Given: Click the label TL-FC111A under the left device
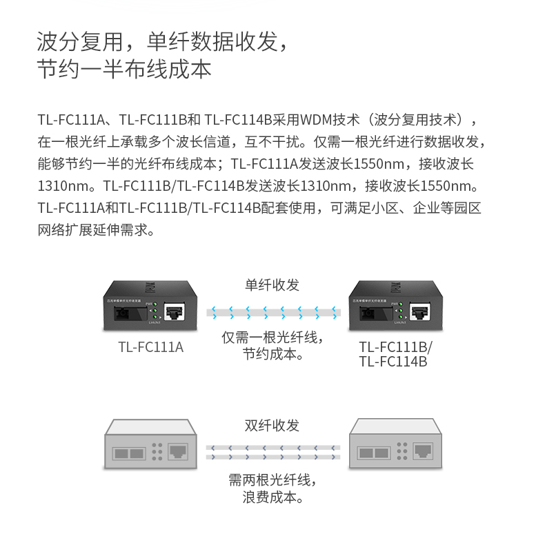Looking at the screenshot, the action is (151, 348).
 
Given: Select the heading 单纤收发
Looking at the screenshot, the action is (272, 285).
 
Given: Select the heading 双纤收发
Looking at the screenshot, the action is (272, 426).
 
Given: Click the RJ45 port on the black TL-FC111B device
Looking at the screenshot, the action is (419, 311).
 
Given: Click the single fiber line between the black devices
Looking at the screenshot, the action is (273, 313).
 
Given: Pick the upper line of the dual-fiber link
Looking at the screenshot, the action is (273, 447).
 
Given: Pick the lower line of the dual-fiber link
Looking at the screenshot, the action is (273, 456).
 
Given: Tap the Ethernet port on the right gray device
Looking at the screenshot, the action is (422, 451).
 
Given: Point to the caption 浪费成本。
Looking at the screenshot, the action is (272, 497).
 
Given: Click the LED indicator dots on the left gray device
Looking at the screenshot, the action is (157, 451).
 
